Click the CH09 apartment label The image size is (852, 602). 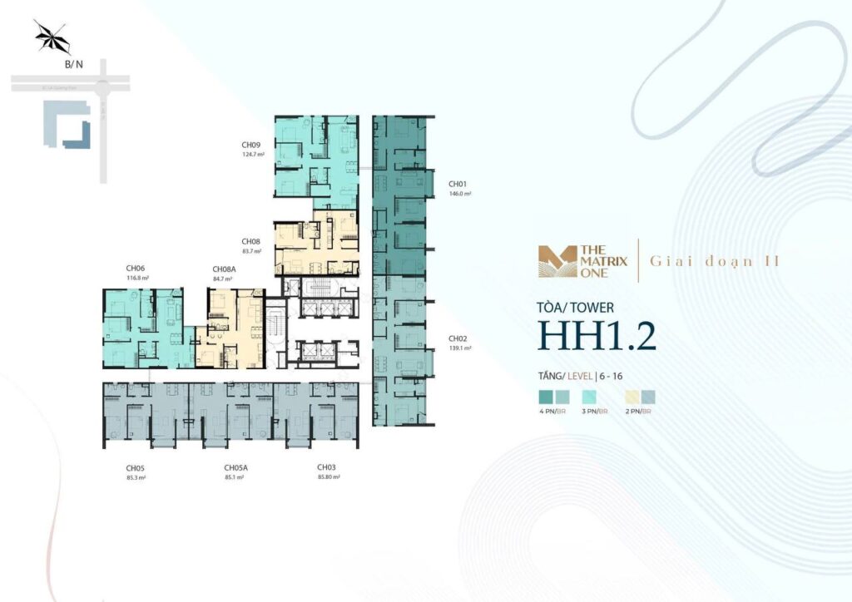coord(248,145)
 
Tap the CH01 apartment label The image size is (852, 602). coord(457,184)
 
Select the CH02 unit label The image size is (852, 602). coord(457,338)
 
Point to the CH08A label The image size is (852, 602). coord(223,269)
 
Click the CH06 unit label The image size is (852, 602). coord(136,268)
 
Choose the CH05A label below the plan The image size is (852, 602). coord(235,467)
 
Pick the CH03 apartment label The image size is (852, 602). coord(325,467)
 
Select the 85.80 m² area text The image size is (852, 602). coord(329,477)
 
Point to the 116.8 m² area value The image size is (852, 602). coord(137,278)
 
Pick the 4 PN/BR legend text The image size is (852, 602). coord(552,411)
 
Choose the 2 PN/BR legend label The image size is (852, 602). coord(637,411)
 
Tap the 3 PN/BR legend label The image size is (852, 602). coord(595,411)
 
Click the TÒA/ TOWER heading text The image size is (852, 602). coord(576,308)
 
